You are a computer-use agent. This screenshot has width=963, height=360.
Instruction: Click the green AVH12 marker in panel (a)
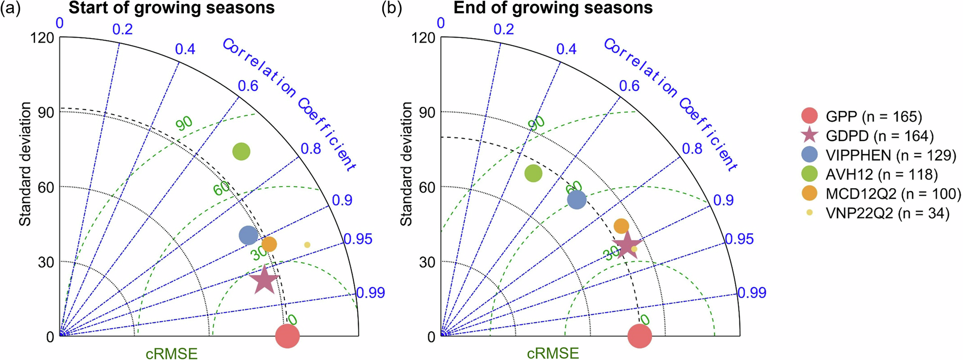coord(241,151)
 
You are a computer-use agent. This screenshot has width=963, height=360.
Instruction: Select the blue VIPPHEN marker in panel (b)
coord(577,199)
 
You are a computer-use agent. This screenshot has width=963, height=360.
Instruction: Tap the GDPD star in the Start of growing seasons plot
coord(265,280)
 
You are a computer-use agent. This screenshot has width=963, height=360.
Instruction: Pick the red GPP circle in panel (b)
coord(639,336)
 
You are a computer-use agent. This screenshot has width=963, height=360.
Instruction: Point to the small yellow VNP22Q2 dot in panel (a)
coord(307,245)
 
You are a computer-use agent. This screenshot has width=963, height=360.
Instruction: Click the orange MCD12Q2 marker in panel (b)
coord(621,226)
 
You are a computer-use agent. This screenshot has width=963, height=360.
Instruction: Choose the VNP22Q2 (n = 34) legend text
coord(887,213)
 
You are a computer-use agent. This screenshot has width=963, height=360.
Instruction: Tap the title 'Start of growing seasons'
coord(171,8)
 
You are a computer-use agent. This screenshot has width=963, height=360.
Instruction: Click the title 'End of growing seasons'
coord(552,8)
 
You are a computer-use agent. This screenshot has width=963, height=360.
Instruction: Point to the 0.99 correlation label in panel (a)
coord(371,293)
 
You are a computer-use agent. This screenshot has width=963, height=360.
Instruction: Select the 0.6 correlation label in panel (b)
coord(629,86)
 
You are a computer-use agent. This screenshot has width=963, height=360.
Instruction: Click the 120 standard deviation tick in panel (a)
coord(42,38)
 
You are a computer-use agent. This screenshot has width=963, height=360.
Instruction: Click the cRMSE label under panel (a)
coord(171,353)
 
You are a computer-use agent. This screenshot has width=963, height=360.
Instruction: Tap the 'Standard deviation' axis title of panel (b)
coord(406,164)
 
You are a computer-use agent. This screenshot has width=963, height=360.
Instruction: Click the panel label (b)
coord(391,9)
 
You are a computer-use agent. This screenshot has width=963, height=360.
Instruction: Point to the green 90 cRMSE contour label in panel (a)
coord(184,123)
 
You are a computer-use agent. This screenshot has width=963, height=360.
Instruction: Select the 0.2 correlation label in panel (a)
coord(122,29)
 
